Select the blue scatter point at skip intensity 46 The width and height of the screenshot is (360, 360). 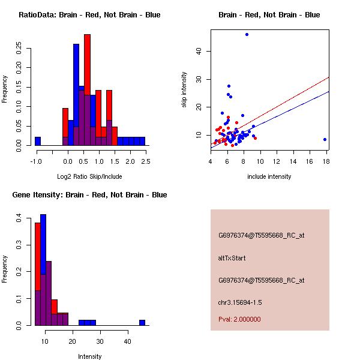point(247,35)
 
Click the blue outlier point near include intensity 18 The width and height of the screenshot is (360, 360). point(325,139)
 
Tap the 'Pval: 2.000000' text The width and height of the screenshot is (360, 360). point(239,319)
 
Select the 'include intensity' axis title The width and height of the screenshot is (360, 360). point(269,176)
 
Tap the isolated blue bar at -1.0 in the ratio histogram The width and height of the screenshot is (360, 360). point(38,142)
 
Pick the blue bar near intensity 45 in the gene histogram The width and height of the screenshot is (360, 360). point(142,323)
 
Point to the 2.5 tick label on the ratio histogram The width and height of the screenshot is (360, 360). point(145,161)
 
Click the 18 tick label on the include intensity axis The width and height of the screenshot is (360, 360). point(326,161)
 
